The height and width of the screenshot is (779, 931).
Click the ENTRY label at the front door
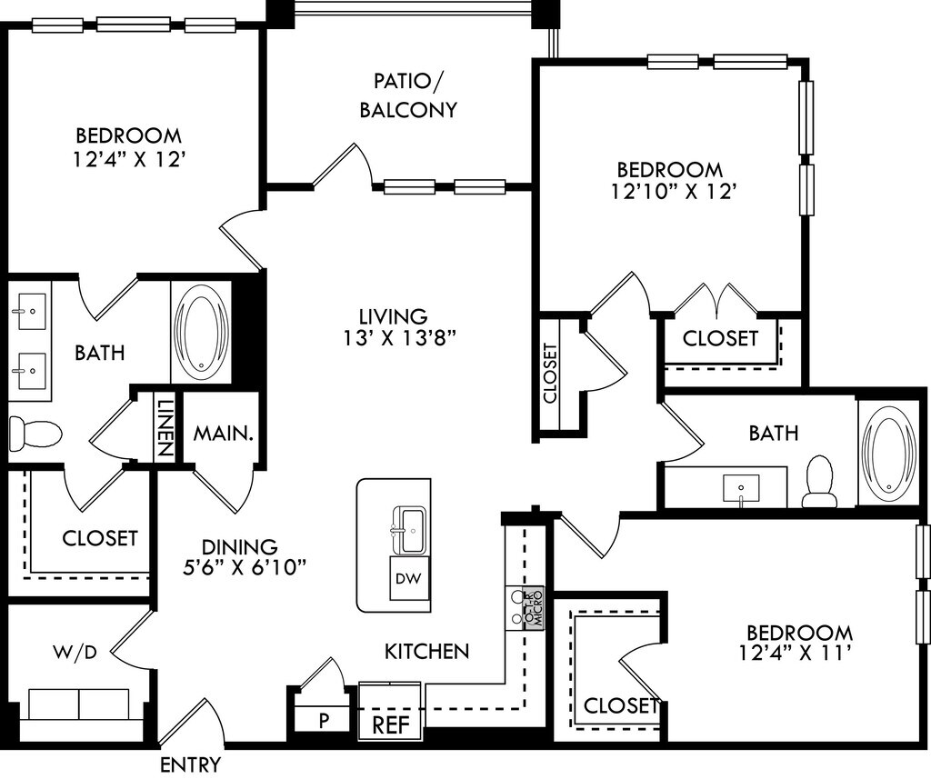click(191, 764)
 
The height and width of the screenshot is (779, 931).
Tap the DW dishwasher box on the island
click(409, 578)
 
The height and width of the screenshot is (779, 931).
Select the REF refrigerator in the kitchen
click(391, 724)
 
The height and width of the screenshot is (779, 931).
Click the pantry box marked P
click(324, 720)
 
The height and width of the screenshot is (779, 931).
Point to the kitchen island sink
click(410, 530)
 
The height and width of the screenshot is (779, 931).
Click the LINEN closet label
click(165, 425)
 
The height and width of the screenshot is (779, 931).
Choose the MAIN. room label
click(224, 433)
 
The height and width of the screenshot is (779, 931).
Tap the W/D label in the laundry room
click(75, 653)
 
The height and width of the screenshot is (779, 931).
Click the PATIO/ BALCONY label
click(408, 95)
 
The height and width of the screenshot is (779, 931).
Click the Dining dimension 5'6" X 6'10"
click(244, 568)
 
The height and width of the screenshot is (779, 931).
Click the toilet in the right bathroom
click(820, 482)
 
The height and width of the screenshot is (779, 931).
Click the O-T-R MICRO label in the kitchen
click(534, 608)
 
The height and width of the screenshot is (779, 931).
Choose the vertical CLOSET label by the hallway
click(550, 374)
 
